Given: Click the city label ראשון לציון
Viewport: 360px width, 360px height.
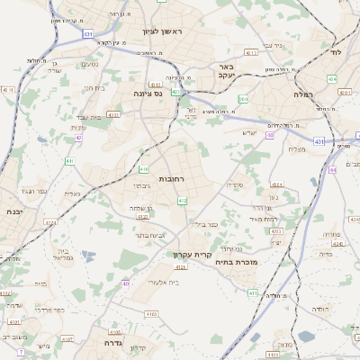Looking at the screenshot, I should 162,32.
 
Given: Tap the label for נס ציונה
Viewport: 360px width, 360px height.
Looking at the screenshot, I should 146,93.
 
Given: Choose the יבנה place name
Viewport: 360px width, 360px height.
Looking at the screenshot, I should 13,211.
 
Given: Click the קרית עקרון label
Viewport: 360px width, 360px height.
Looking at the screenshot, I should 192,255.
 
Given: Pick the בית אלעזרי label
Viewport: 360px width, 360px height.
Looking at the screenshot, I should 160,283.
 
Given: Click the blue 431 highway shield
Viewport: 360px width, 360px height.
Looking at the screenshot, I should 87,33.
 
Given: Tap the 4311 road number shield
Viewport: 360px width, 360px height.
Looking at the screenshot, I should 8,90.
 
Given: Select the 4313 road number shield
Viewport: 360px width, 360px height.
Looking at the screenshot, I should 251,53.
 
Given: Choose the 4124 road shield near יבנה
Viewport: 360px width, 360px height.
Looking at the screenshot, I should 50,222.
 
